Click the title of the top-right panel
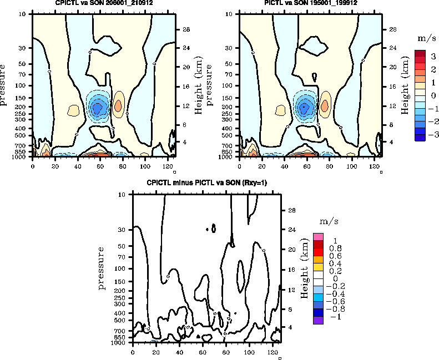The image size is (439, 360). pos(311,3)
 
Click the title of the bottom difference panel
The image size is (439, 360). pos(206,183)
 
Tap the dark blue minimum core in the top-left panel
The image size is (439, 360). pos(98,107)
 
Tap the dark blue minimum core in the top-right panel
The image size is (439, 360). pos(304,107)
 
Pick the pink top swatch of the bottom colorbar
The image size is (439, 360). pos(318,237)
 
